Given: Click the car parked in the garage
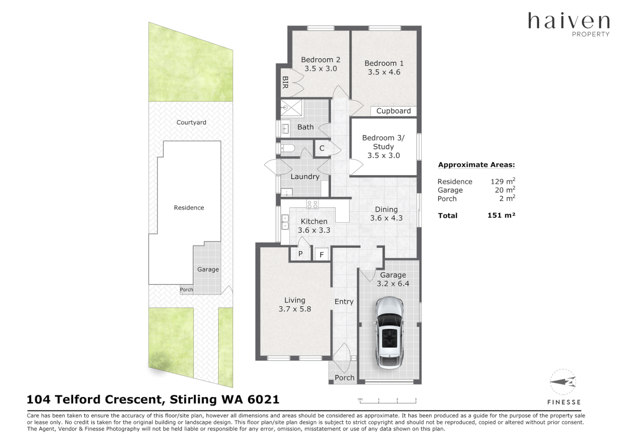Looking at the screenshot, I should click(389, 333).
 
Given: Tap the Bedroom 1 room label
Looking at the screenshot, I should click(384, 64).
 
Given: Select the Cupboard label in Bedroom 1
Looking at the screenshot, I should click(393, 111).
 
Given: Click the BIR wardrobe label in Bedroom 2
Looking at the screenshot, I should click(285, 83).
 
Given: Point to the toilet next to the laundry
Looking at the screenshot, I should click(287, 148).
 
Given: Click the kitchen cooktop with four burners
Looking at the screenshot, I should click(312, 204).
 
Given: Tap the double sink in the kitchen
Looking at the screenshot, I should click(285, 222).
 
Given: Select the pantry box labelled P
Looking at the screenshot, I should click(300, 254).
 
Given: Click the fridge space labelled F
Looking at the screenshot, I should click(322, 255).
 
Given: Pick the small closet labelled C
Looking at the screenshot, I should click(322, 148).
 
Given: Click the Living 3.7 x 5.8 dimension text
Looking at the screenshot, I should click(295, 309).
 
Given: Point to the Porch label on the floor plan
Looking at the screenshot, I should click(344, 378).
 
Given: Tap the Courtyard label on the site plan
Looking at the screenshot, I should click(191, 122).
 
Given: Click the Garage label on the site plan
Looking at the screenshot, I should click(208, 269).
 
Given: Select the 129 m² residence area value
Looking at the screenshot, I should click(502, 181).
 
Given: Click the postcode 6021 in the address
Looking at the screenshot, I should click(263, 399).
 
